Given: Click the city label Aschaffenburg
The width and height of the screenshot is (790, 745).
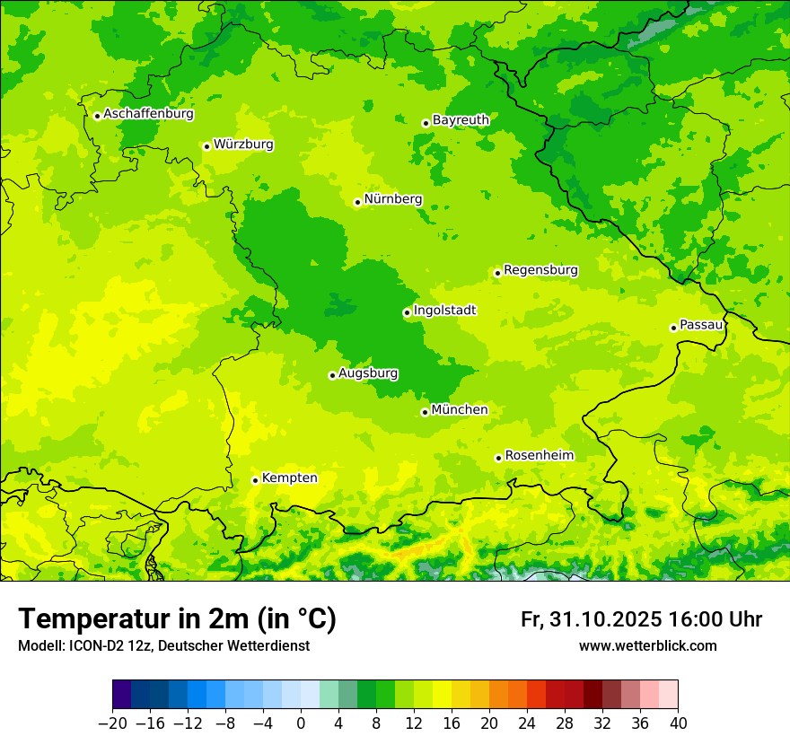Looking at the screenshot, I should pyautogui.click(x=148, y=114).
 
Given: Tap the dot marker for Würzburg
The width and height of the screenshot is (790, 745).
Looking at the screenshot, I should pyautogui.click(x=206, y=146).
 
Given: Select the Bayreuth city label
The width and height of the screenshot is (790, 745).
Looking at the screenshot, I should pyautogui.click(x=461, y=119).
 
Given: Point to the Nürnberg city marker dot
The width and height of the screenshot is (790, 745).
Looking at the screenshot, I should pyautogui.click(x=357, y=203).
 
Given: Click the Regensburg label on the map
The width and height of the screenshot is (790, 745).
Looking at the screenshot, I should pyautogui.click(x=540, y=269).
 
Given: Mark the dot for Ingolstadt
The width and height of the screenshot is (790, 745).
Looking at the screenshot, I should pyautogui.click(x=407, y=313).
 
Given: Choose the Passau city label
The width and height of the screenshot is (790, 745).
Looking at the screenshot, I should pyautogui.click(x=701, y=324).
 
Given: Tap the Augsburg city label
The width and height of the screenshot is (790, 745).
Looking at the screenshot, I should pyautogui.click(x=367, y=372).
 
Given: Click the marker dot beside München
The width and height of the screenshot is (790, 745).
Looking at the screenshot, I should pyautogui.click(x=425, y=412).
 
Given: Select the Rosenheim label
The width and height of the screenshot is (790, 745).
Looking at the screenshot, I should pyautogui.click(x=539, y=455).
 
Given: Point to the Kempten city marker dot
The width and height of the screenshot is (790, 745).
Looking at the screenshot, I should pyautogui.click(x=255, y=480).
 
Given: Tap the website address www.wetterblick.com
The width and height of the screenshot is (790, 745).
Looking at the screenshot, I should pyautogui.click(x=647, y=645).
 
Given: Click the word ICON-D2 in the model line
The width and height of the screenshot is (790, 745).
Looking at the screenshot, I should pyautogui.click(x=94, y=645).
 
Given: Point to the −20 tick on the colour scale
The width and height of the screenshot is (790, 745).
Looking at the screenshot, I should pyautogui.click(x=112, y=723).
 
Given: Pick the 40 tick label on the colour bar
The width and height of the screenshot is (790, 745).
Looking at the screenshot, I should pyautogui.click(x=678, y=723).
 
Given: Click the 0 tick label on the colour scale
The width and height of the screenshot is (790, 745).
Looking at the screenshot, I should pyautogui.click(x=301, y=723).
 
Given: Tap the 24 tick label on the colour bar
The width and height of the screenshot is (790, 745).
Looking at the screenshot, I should pyautogui.click(x=527, y=723).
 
